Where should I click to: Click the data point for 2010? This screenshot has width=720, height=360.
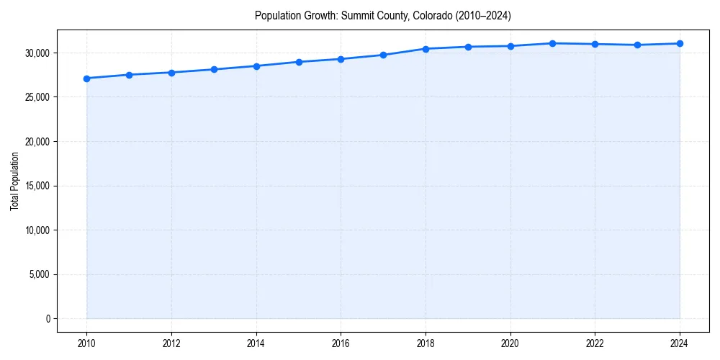coord(86,78)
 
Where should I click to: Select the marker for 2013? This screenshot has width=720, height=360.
coord(214,69)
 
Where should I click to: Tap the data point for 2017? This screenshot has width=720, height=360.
coord(383,55)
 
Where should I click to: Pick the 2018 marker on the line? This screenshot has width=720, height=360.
coord(426,49)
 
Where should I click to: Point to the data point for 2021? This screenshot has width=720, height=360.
coord(552,43)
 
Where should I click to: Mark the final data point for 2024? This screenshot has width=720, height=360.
coord(680,44)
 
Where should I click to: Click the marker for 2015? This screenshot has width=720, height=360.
coord(299,62)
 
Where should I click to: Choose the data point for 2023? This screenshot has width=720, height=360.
coord(637,45)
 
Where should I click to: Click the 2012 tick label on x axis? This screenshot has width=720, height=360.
coord(171,343)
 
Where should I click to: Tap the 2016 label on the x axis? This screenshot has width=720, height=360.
coord(341,343)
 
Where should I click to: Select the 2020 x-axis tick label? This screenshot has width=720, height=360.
coord(510,343)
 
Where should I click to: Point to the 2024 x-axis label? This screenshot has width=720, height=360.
coord(680,343)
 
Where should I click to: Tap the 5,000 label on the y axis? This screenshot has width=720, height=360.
coord(39,274)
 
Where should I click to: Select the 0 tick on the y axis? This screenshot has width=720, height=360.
coord(48,319)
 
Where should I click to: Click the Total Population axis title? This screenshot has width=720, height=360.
coord(14,181)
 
